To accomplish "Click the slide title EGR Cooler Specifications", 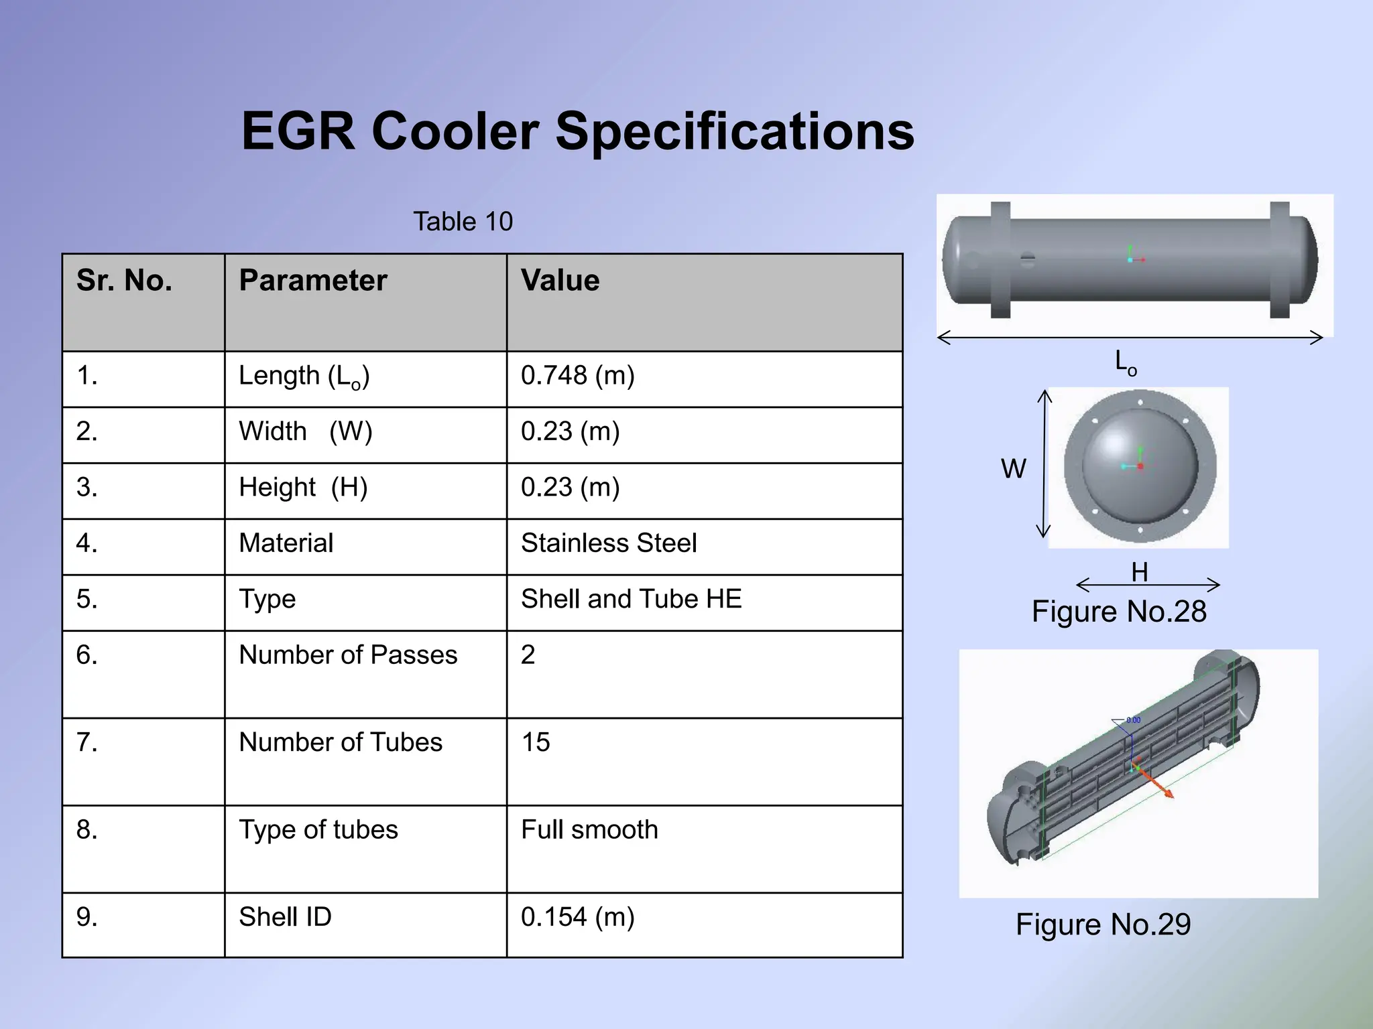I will point(578,131).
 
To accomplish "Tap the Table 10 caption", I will point(463,222).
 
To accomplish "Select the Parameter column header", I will point(312,281).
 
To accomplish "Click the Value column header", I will point(560,281).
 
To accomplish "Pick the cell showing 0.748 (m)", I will point(577,376).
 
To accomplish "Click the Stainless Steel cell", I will point(609,543).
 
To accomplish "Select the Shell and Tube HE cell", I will point(631,599).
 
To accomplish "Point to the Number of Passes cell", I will point(348,655).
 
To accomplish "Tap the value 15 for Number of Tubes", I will point(536,742).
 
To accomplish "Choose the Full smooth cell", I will point(589,830).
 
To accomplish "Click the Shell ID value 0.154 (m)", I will point(577,917).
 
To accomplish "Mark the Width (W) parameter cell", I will point(306,431).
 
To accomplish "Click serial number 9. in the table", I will point(87,917).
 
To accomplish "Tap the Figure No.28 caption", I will point(1119,612).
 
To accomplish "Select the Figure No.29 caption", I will point(1103,924).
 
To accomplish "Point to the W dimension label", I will point(1014,469).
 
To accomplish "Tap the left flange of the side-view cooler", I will point(1000,260).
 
